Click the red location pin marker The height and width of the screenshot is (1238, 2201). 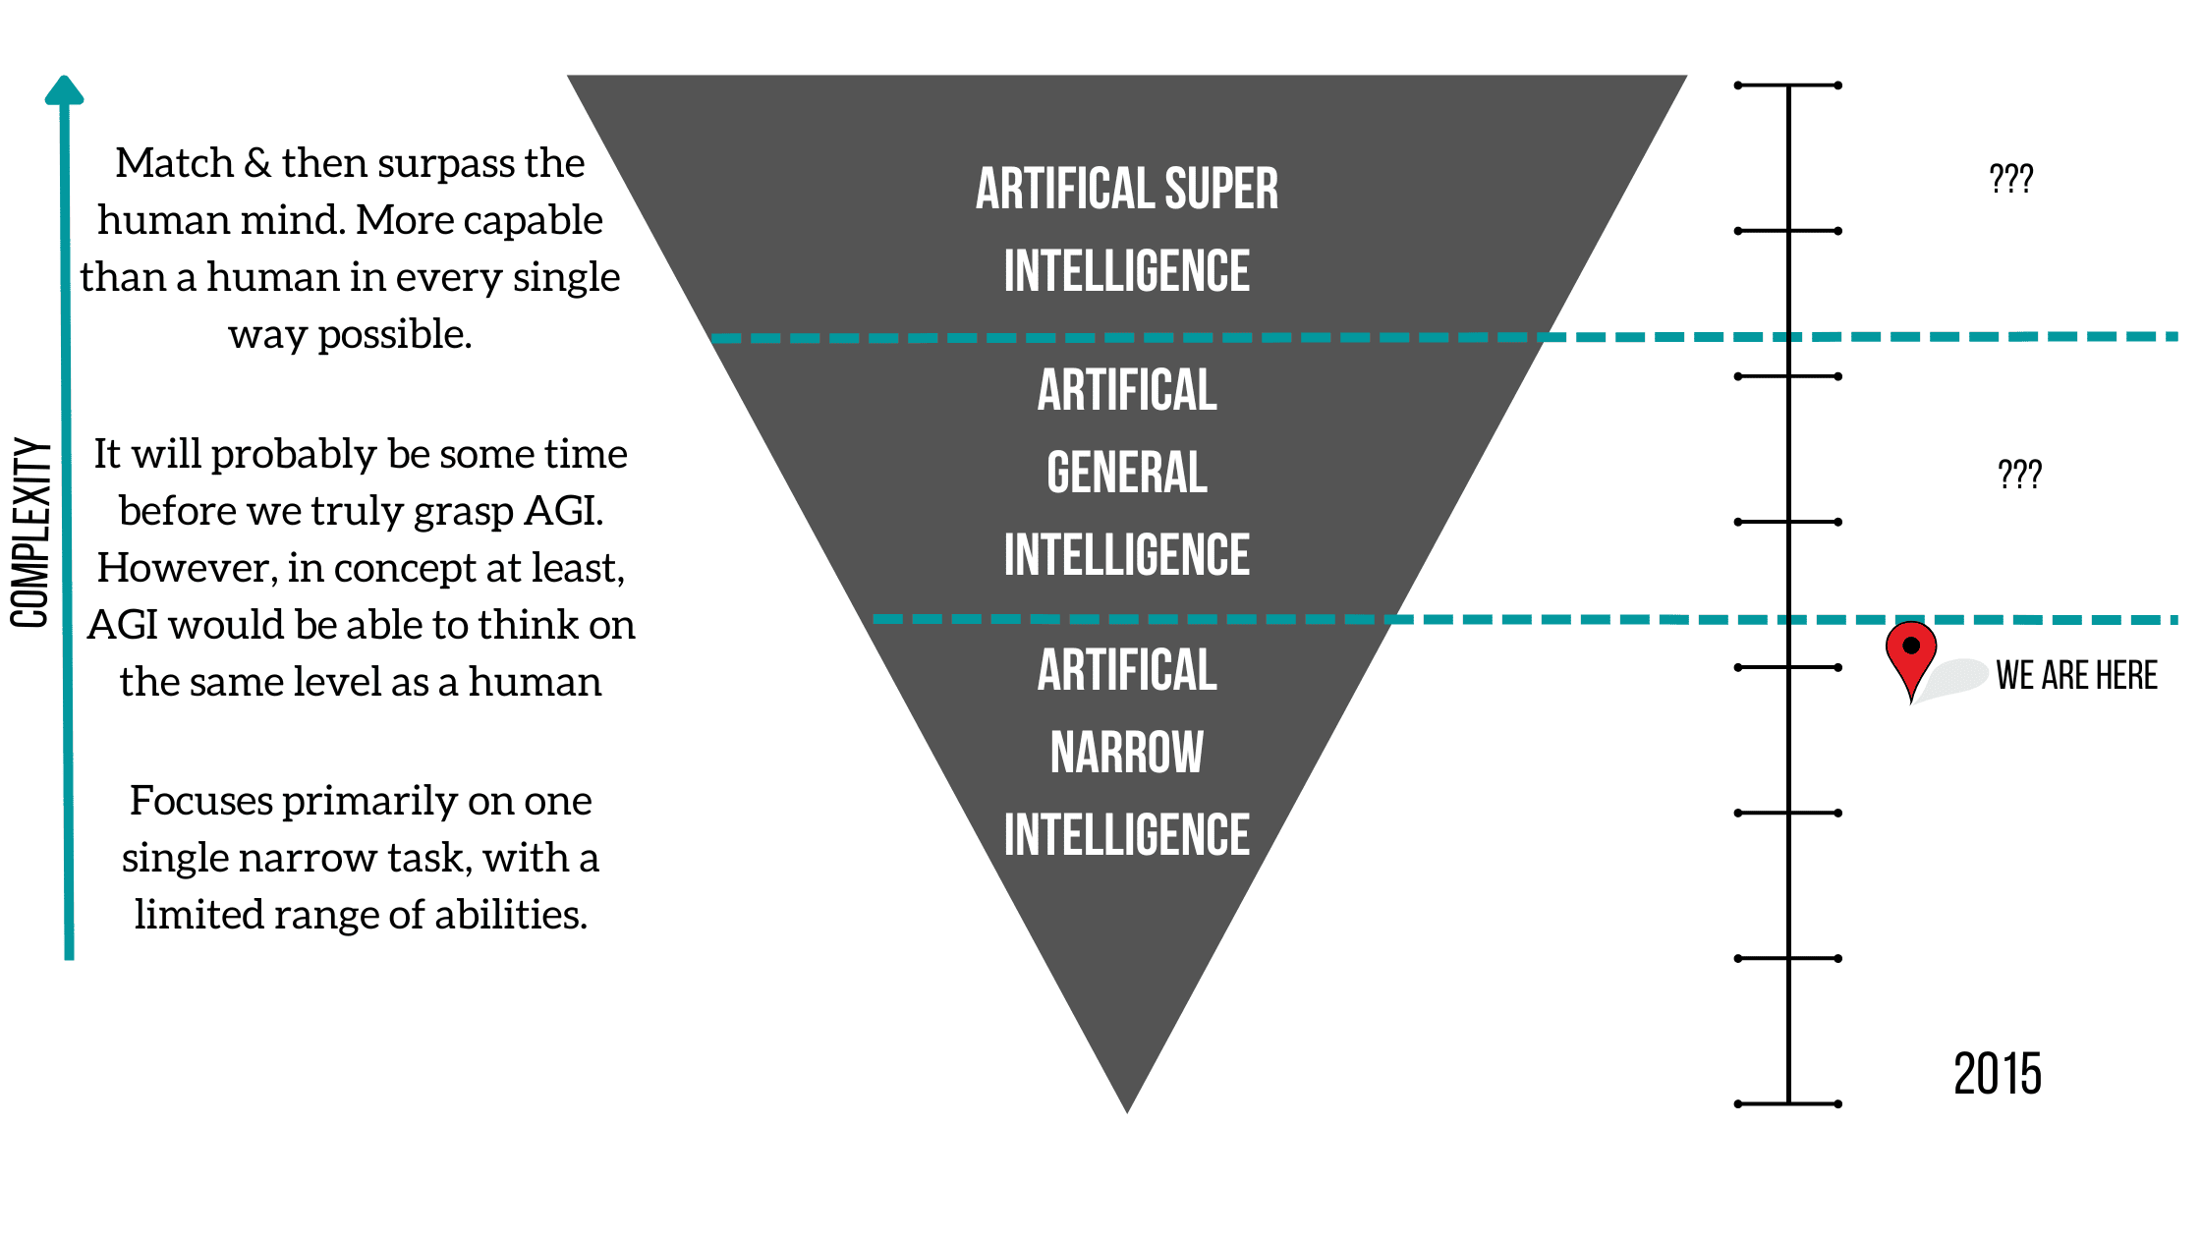[x=1910, y=652]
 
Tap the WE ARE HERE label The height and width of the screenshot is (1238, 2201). [x=2076, y=676]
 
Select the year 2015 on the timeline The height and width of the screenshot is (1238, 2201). [x=1997, y=1074]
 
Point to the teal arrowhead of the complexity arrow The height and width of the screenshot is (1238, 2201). [x=65, y=90]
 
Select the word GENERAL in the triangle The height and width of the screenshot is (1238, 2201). [x=1127, y=473]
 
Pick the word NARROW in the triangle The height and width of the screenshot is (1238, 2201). [x=1127, y=753]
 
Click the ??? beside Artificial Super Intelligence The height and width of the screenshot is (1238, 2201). [x=2010, y=179]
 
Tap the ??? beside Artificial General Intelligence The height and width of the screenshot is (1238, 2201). [x=2019, y=475]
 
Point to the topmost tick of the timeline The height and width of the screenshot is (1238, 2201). [x=1788, y=85]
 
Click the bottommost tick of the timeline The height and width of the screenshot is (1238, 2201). [x=1788, y=1103]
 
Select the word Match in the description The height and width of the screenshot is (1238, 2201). [x=174, y=163]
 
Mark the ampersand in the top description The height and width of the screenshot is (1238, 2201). [x=257, y=163]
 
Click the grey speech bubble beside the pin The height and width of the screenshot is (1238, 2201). [x=1955, y=678]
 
